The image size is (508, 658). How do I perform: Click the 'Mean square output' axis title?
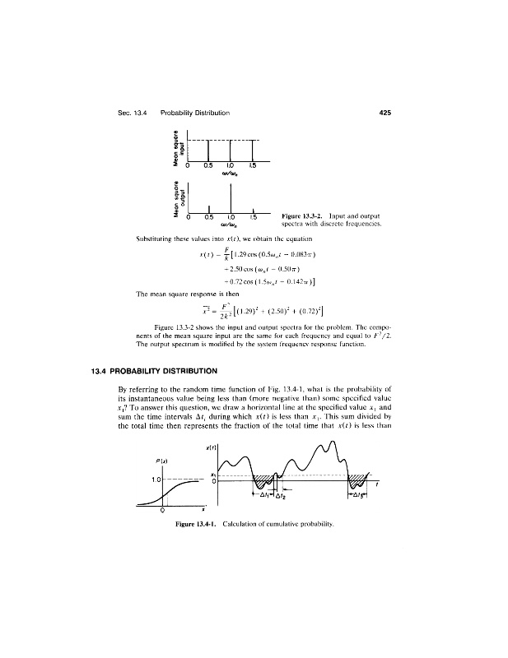point(175,200)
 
